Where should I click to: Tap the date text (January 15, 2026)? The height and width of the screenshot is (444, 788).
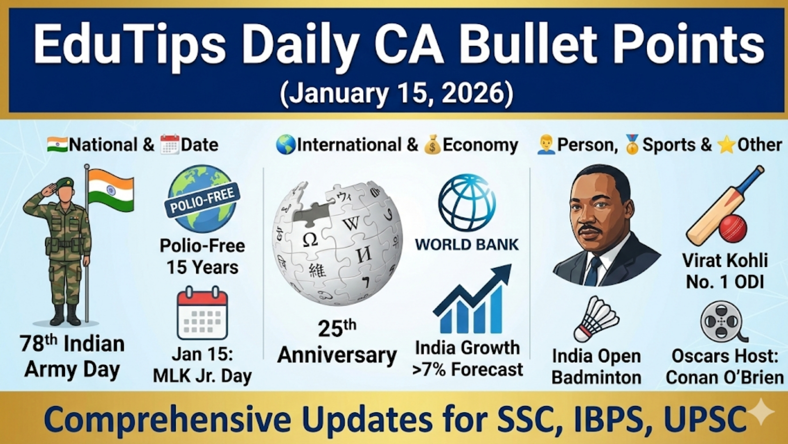(x=396, y=94)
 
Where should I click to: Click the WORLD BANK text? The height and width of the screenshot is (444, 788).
(x=467, y=245)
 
